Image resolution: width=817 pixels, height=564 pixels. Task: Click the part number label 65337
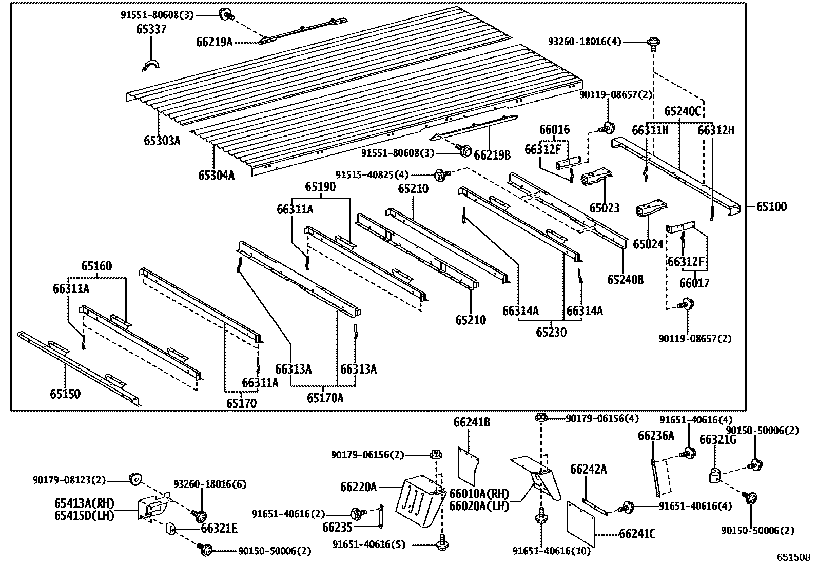(151, 29)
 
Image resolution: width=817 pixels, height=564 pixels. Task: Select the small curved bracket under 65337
(150, 66)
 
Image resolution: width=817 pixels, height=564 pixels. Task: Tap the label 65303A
(162, 140)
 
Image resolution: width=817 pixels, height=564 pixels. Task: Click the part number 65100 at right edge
(771, 207)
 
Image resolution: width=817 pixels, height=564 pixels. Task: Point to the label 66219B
(492, 154)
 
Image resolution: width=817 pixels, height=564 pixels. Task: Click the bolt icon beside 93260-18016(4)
(653, 42)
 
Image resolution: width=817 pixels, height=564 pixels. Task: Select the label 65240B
(625, 280)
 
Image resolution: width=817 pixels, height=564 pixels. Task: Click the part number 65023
(604, 208)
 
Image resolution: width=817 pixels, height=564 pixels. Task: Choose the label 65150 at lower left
(65, 394)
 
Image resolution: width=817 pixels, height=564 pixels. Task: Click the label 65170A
(325, 397)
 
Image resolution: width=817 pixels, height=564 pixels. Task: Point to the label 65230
(551, 333)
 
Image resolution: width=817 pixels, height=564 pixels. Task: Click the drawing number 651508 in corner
(792, 557)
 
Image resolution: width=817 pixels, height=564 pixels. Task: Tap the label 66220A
(358, 487)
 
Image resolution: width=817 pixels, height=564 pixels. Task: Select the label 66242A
(588, 469)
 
